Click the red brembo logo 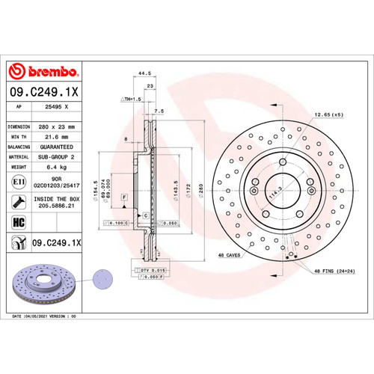43,71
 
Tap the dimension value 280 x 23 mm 57,127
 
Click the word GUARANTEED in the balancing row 57,147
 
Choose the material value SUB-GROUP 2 57,157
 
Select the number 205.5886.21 57,206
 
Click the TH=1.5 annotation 131,99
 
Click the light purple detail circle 100,280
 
